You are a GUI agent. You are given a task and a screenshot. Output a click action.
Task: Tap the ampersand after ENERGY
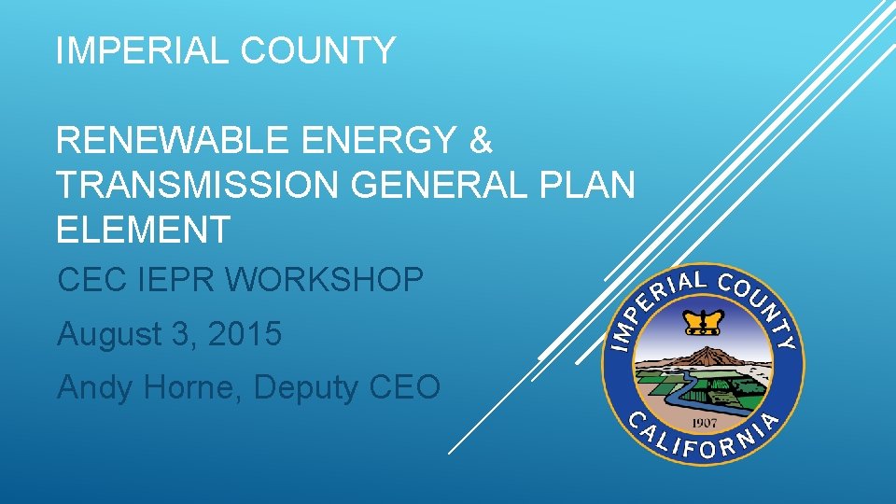coord(480,142)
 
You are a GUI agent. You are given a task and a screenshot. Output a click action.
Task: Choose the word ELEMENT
coord(143,229)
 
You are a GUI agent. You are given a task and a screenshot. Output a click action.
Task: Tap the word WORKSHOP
coord(331,279)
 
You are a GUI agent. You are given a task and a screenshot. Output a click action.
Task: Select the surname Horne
coord(191,386)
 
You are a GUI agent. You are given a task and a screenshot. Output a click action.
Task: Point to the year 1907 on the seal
coord(704,419)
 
